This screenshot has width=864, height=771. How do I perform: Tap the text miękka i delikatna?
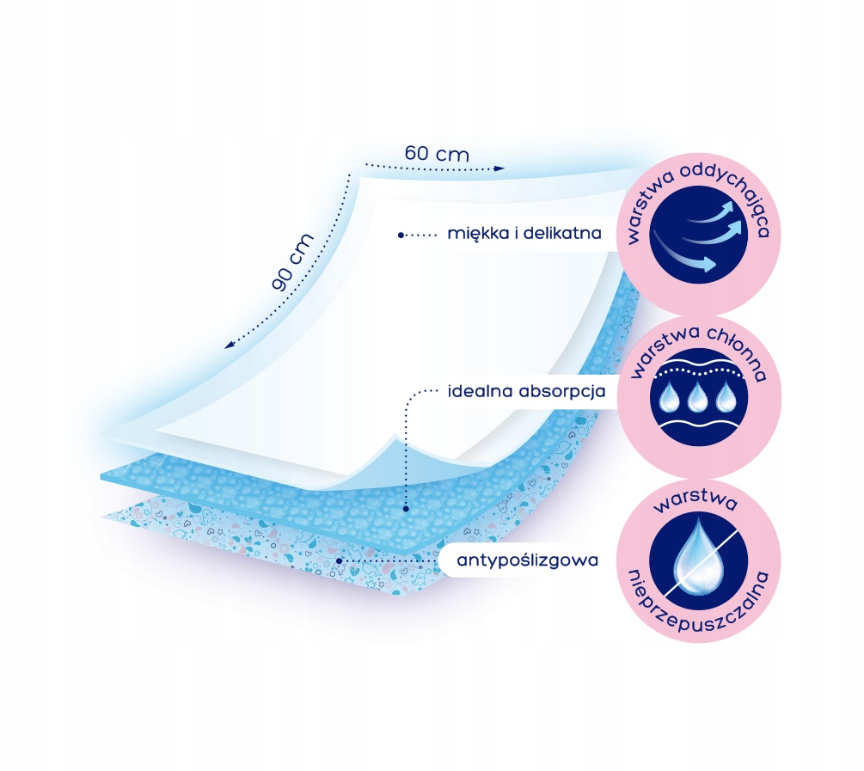click(x=524, y=233)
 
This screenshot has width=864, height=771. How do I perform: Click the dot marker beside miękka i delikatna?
click(x=401, y=233)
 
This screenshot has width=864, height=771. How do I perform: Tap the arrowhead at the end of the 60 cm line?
click(x=500, y=169)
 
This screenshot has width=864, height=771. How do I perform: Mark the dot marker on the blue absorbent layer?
click(x=403, y=509)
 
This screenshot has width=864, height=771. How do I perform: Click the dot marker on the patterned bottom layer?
click(x=341, y=560)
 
